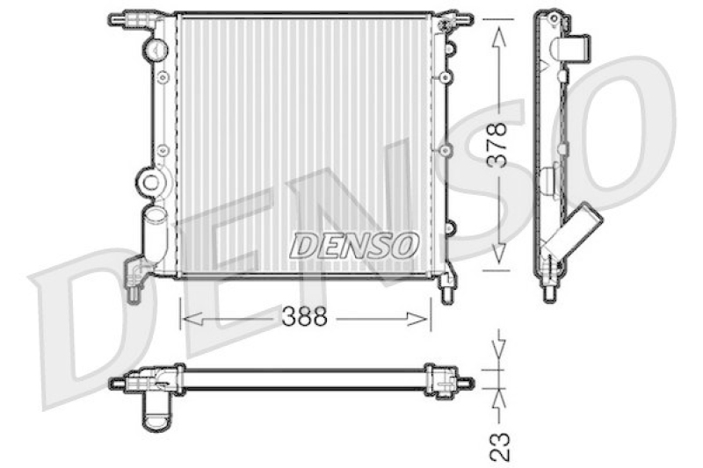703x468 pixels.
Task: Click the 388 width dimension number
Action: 304,318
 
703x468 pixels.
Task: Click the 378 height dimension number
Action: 497,145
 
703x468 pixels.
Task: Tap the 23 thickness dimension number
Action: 500,447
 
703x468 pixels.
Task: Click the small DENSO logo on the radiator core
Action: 354,246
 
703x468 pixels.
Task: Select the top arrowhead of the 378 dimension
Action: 499,37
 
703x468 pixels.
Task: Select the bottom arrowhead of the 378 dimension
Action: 499,256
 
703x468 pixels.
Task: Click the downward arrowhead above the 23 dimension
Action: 499,349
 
